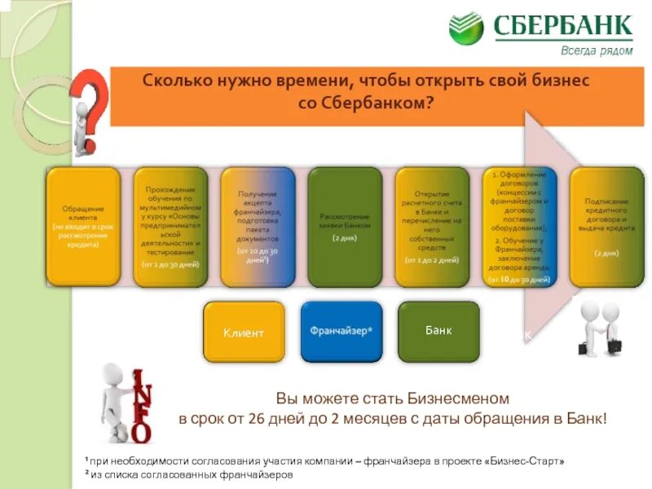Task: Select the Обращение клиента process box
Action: pyautogui.click(x=83, y=227)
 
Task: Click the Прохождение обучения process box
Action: pyautogui.click(x=170, y=227)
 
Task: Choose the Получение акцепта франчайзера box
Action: pyautogui.click(x=258, y=227)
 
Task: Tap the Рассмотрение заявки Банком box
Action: pyautogui.click(x=345, y=227)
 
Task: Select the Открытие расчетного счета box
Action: pyautogui.click(x=432, y=227)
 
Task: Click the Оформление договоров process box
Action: pyautogui.click(x=520, y=227)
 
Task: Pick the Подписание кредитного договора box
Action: pyautogui.click(x=607, y=227)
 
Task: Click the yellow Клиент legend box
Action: pyautogui.click(x=244, y=332)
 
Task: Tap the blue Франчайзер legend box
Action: pyautogui.click(x=341, y=332)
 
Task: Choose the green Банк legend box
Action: pyautogui.click(x=438, y=332)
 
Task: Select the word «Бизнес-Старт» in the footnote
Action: pyautogui.click(x=524, y=461)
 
